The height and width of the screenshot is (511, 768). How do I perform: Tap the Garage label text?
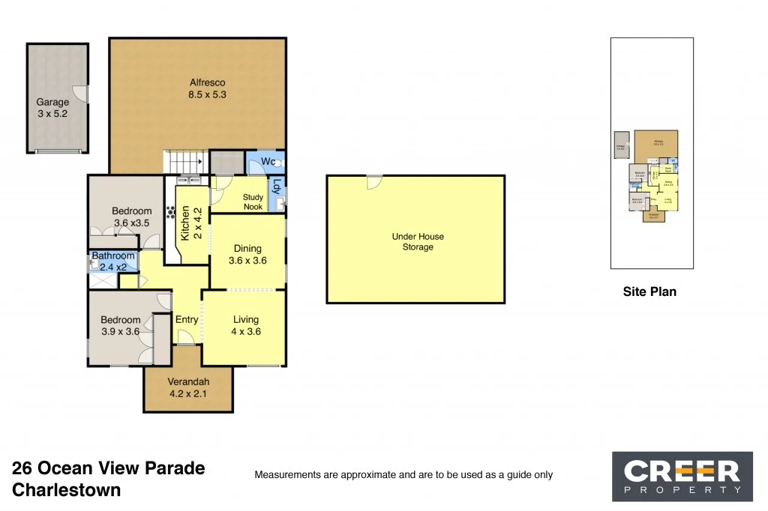point(52,108)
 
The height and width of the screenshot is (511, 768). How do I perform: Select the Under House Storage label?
point(418,241)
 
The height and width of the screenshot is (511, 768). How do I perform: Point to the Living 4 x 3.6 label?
point(245,326)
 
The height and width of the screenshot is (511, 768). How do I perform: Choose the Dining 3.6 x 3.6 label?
point(247,255)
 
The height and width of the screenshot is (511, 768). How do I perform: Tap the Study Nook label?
point(253,202)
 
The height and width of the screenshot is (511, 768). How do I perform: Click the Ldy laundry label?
point(277,187)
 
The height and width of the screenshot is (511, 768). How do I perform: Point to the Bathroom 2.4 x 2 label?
point(113,261)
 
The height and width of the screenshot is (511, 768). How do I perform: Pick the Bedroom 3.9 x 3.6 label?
point(121,326)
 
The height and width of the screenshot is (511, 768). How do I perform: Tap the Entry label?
point(187,320)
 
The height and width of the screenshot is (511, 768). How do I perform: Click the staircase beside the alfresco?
point(185,161)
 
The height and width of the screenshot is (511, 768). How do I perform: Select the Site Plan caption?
point(649,292)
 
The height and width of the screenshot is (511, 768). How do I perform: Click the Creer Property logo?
point(682,476)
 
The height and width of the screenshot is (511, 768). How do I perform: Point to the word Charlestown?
point(67,491)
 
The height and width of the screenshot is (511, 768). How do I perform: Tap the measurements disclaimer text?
point(403,474)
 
